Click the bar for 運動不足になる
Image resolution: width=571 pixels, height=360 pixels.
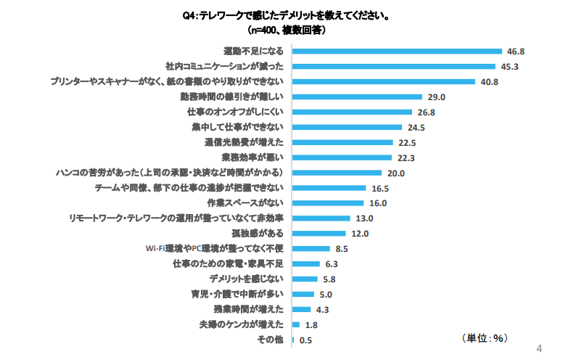tap(397, 51)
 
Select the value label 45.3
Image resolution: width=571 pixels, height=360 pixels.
tap(512, 66)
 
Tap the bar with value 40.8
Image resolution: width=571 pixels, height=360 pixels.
tap(383, 81)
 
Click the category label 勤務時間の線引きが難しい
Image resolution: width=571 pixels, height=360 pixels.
tap(236, 97)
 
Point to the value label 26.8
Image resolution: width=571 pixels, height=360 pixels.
tap(426, 112)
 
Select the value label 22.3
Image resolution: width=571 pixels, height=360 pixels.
tap(406, 157)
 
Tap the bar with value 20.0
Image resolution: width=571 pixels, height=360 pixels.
tap(337, 173)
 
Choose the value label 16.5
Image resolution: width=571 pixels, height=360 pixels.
tap(379, 188)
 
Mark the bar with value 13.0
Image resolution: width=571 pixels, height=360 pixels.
tap(321, 218)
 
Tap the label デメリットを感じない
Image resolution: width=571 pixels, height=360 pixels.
tap(248, 279)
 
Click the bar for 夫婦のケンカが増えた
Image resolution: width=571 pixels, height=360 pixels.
tap(295, 324)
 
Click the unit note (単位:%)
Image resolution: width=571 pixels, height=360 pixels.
tap(485, 337)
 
